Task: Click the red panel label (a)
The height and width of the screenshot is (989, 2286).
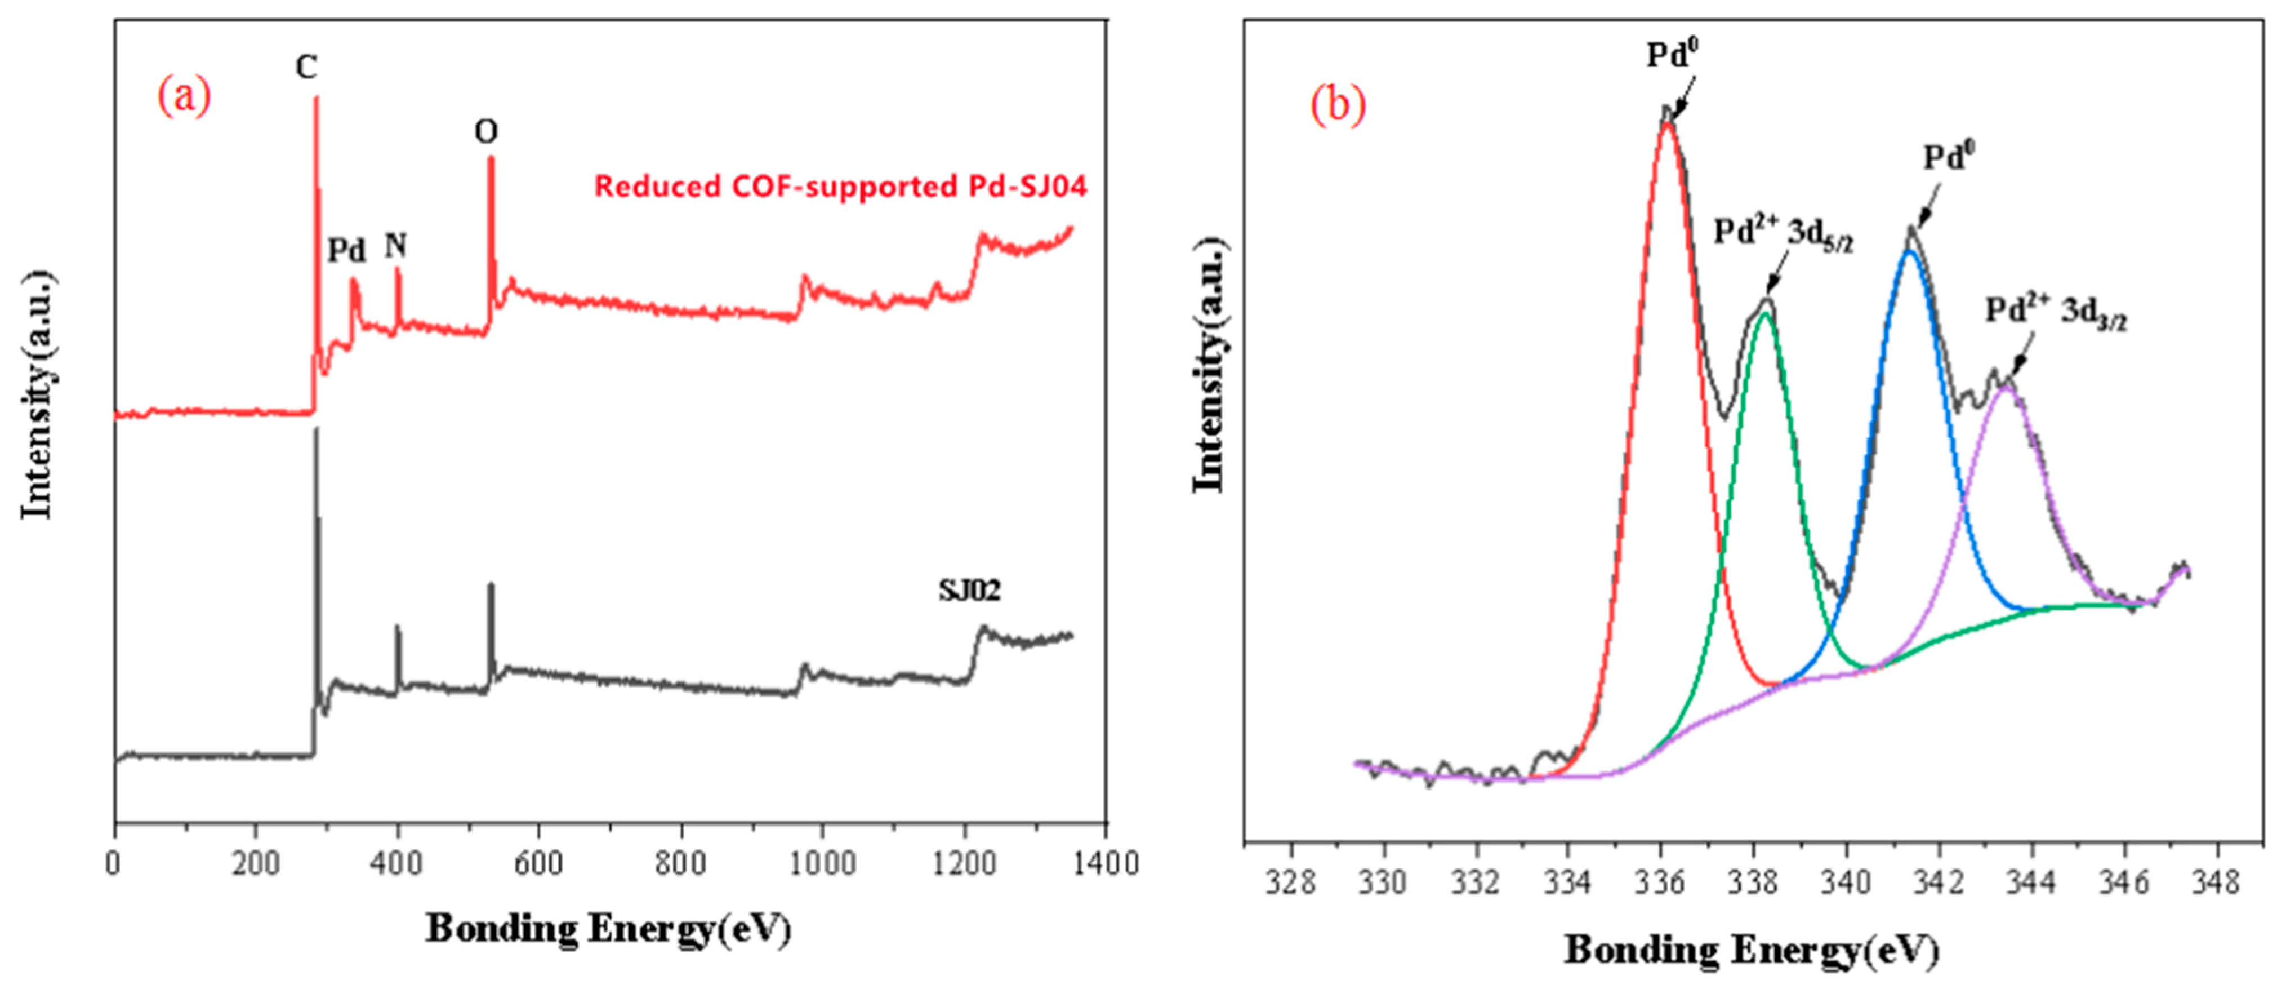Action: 185,96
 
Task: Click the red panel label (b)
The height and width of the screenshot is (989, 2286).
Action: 1338,105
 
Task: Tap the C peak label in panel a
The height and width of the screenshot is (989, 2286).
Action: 306,66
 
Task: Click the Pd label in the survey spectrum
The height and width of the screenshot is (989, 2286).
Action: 346,251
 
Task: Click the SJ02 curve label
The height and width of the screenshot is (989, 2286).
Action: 969,591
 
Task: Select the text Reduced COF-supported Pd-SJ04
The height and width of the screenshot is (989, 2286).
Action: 840,187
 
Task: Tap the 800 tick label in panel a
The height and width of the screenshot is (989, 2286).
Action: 681,863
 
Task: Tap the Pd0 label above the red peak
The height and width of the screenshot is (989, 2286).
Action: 1672,55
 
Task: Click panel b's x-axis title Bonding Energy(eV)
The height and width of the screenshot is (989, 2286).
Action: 1752,950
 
